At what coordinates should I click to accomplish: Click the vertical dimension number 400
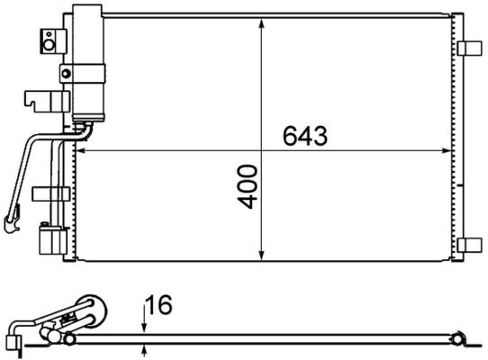[249, 187]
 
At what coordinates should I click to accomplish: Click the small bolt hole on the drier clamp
[65, 73]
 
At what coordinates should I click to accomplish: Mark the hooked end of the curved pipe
[12, 215]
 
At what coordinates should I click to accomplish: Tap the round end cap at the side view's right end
[459, 338]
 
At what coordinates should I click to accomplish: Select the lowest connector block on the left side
[50, 242]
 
